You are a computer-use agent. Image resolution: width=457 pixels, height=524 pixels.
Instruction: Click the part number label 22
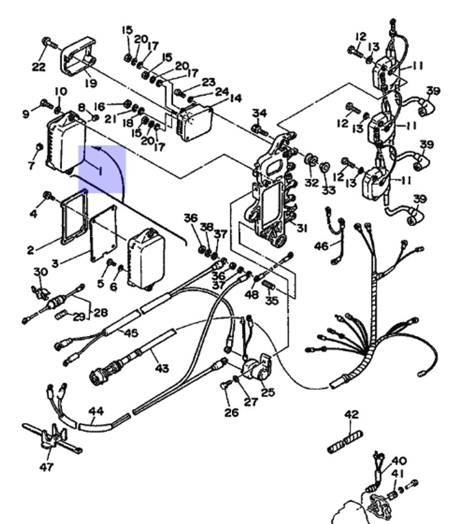click(x=38, y=67)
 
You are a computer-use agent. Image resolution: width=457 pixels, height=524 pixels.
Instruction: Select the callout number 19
click(x=90, y=83)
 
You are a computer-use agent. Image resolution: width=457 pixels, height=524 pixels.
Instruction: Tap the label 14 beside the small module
click(x=236, y=98)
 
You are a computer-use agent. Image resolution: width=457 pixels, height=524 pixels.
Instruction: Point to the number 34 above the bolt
click(x=260, y=113)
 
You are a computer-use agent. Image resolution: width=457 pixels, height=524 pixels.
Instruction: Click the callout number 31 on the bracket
click(x=302, y=228)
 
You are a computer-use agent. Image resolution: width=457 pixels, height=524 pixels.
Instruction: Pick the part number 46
click(x=321, y=247)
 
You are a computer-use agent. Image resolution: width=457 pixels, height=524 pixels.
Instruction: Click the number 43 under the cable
click(x=162, y=367)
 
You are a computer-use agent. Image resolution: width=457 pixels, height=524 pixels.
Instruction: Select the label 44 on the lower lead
click(x=96, y=411)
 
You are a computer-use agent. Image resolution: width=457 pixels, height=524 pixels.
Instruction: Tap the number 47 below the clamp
click(x=47, y=467)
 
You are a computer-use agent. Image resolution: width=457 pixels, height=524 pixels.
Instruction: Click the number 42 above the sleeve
click(x=351, y=415)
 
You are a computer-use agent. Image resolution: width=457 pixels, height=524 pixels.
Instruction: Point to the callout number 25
click(x=268, y=392)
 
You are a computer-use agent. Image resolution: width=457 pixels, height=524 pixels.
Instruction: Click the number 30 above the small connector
click(x=41, y=272)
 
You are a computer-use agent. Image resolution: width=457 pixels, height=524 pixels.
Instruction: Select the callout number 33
click(x=328, y=189)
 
